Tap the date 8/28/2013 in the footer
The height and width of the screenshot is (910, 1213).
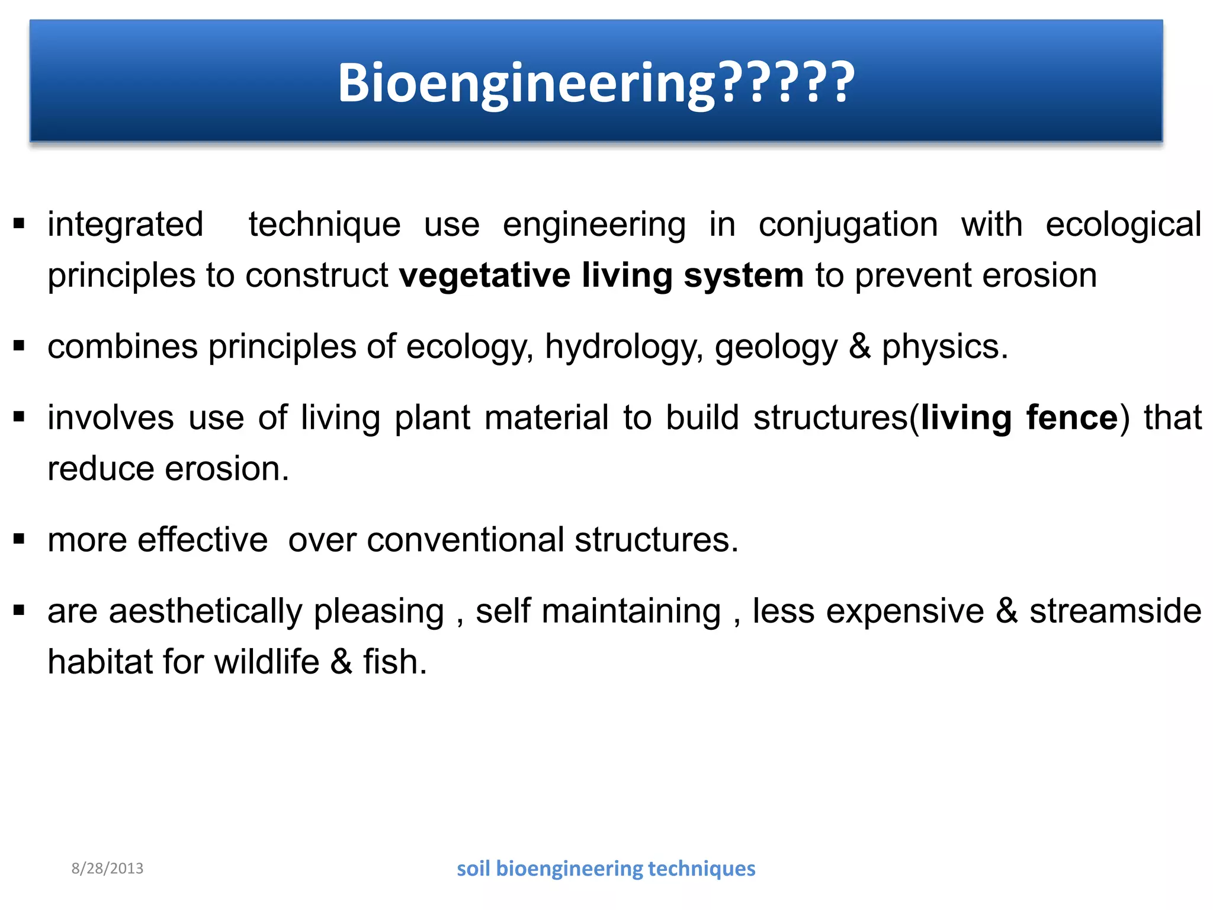click(x=107, y=869)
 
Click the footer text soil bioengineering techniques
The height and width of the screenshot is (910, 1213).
click(x=606, y=869)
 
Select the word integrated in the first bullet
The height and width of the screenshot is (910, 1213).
click(x=125, y=225)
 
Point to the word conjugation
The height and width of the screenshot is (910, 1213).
click(x=848, y=226)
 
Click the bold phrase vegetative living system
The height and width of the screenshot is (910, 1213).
click(x=601, y=276)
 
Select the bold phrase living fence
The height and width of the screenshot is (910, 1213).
click(x=1019, y=418)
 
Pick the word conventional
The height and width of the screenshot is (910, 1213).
click(x=465, y=540)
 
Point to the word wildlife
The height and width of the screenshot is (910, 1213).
click(x=267, y=662)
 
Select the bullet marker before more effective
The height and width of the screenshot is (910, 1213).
click(x=19, y=539)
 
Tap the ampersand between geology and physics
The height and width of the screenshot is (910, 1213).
click(x=859, y=347)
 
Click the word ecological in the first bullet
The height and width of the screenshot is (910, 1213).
click(x=1123, y=225)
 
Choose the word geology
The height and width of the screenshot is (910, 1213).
click(x=776, y=348)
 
